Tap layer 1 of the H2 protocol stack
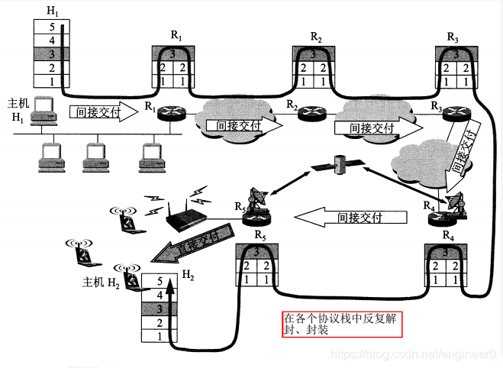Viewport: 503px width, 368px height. (158, 336)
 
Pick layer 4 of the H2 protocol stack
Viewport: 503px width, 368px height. (158, 295)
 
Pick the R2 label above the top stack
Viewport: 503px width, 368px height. (316, 37)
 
